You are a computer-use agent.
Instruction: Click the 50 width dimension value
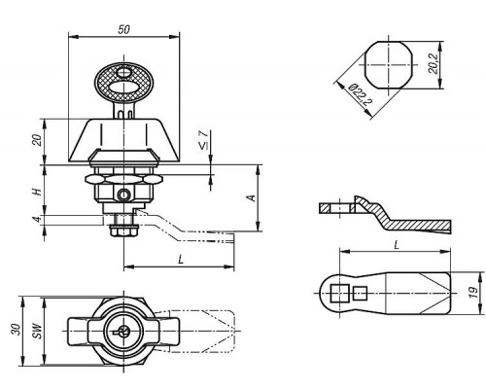[123, 29]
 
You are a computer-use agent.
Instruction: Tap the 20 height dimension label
[38, 140]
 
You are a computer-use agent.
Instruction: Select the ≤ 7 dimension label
[203, 140]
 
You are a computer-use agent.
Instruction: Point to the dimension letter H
[38, 192]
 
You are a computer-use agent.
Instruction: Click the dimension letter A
[252, 198]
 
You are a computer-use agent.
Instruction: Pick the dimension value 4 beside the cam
[38, 219]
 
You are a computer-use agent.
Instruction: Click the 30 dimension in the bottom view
[17, 330]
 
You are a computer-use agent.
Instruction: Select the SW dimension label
[38, 331]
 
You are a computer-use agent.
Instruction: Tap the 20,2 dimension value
[433, 63]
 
